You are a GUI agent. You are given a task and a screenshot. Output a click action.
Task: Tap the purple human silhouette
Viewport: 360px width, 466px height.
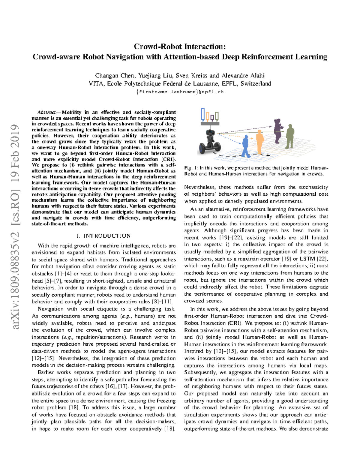point(277,131)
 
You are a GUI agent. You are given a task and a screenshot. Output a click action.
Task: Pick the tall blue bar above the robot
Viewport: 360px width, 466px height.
point(203,114)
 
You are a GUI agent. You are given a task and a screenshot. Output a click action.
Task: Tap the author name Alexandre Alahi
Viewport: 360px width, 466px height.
point(243,76)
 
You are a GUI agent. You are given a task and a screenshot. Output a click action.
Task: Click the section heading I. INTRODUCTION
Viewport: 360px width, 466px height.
point(103,236)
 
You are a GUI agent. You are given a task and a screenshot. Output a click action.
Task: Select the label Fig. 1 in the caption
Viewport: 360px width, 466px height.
point(191,168)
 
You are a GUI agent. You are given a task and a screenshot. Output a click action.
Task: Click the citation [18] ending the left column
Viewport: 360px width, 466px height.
point(169,429)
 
